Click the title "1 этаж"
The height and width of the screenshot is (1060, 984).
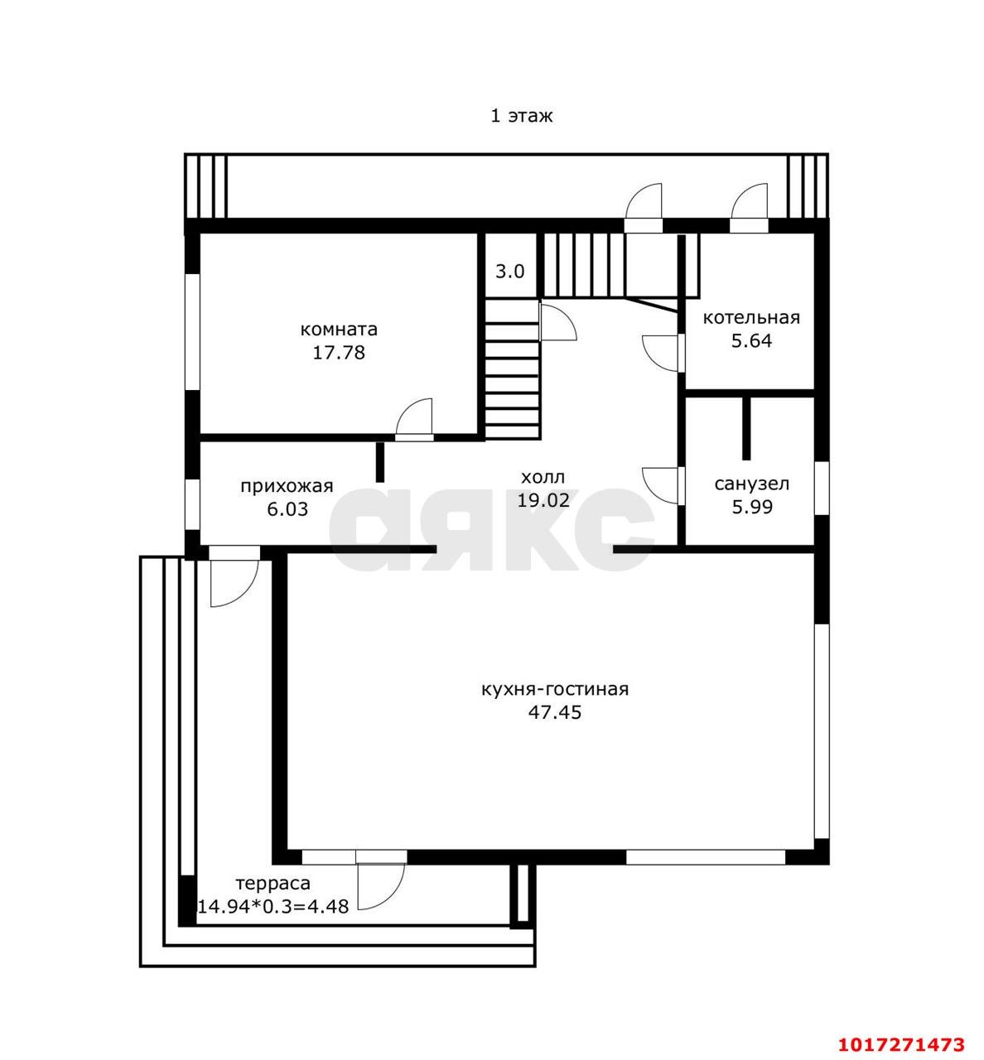pos(521,116)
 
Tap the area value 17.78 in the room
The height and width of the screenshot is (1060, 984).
pos(339,353)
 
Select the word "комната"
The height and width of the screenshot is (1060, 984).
pos(339,330)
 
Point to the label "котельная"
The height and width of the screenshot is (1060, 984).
pos(751,317)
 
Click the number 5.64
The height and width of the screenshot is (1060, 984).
pos(751,340)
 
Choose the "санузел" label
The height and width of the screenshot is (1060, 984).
pos(751,484)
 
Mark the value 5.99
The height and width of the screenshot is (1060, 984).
pos(752,507)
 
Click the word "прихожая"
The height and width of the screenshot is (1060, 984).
pos(287,486)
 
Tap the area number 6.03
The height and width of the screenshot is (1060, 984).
pos(287,509)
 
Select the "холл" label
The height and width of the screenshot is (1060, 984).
pos(543,477)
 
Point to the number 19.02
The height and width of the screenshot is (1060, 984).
pos(543,499)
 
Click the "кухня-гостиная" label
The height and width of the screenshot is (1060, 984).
pos(555,689)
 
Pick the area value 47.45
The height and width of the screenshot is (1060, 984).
pos(555,712)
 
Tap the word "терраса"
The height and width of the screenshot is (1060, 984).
pos(273,884)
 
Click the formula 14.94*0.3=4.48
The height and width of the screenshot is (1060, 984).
pos(273,906)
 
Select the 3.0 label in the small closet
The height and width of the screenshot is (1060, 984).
pos(510,272)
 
